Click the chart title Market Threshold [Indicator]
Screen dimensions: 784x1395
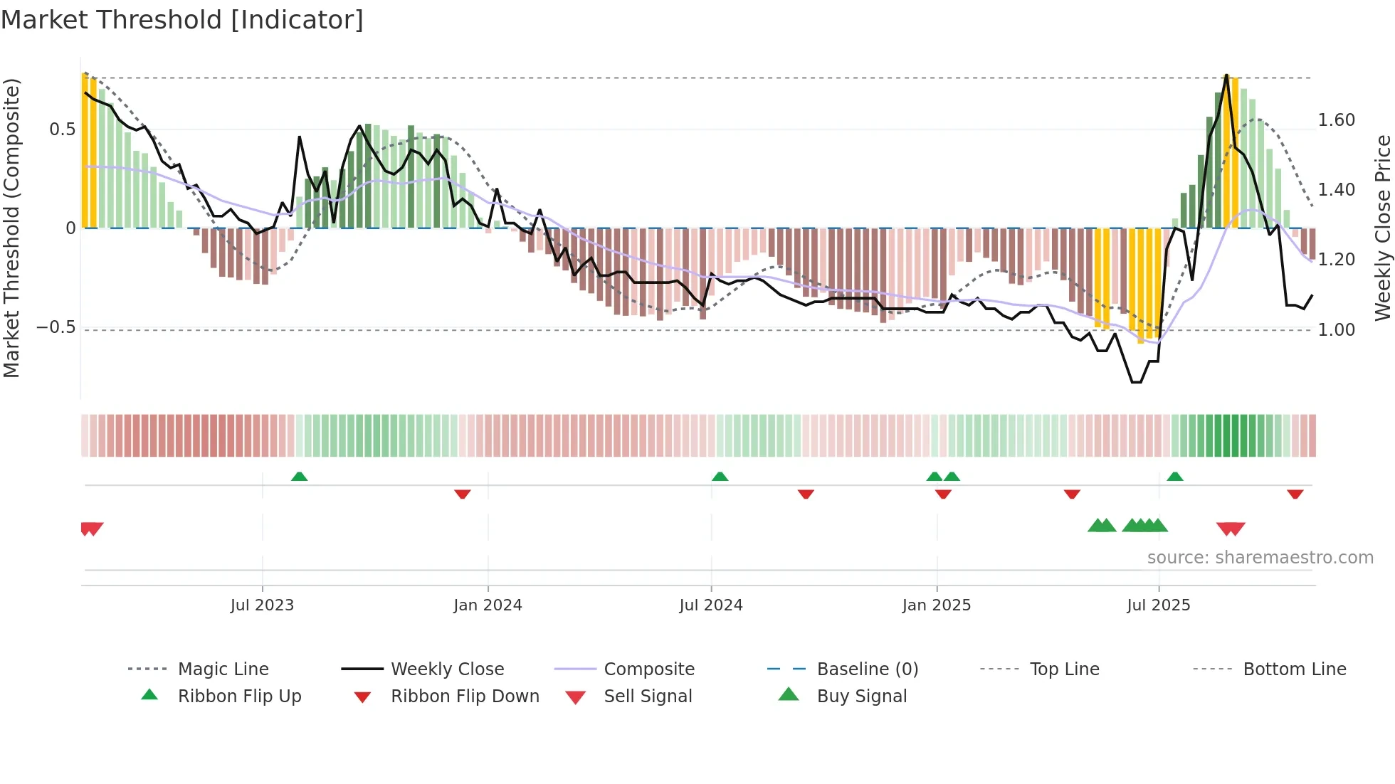(x=182, y=20)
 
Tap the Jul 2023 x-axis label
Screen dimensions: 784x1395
(x=262, y=605)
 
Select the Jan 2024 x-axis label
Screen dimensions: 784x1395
(x=488, y=605)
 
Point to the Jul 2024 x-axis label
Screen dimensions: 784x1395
(x=711, y=605)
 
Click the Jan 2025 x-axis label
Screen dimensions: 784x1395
(x=936, y=605)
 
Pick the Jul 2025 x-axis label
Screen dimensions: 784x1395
(x=1158, y=605)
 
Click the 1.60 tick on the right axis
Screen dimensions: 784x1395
(x=1336, y=120)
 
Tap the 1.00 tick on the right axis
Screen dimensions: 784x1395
(x=1336, y=330)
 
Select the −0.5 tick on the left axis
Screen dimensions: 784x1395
(x=56, y=328)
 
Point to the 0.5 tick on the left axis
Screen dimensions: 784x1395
(x=62, y=129)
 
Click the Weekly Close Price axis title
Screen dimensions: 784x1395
(x=1382, y=228)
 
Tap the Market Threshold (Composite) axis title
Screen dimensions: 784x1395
(x=11, y=228)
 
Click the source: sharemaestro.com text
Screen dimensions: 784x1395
(x=1260, y=558)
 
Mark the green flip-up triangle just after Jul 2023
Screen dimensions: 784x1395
(x=300, y=477)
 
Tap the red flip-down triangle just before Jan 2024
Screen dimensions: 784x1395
(x=463, y=494)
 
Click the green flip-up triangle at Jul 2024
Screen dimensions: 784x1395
(x=720, y=477)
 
